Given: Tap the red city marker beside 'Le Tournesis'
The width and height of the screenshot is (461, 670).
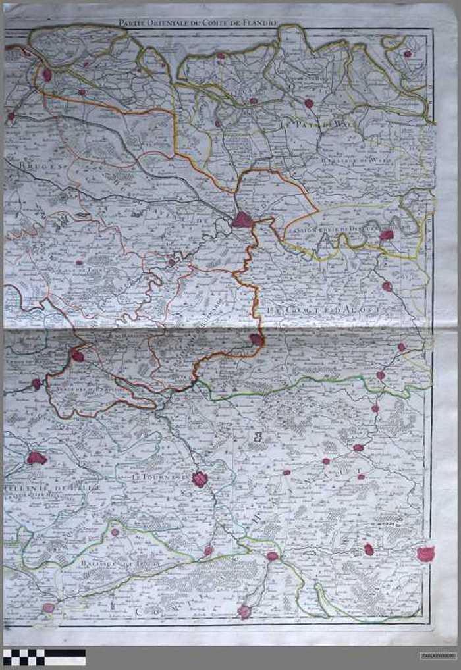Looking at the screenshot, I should (x=200, y=479).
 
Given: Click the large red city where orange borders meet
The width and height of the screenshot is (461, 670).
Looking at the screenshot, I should (x=242, y=220).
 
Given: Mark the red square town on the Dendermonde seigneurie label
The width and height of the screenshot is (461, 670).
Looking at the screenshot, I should (x=387, y=235).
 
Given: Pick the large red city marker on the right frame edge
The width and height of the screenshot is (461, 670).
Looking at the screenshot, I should (x=425, y=554).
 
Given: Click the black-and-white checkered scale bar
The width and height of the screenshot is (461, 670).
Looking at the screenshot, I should (x=43, y=657).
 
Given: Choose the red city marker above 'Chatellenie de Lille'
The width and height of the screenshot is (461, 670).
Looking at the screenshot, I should (x=36, y=457).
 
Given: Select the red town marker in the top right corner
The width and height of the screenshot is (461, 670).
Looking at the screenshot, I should (x=408, y=53).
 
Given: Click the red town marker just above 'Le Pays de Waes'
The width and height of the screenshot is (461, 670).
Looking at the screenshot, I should (x=308, y=103).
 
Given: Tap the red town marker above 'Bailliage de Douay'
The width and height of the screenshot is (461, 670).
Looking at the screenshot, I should (x=115, y=532).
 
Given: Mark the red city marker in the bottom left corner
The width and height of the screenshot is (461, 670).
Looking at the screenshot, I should (x=48, y=607).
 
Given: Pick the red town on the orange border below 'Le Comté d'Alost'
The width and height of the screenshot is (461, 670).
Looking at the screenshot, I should (x=256, y=339).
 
